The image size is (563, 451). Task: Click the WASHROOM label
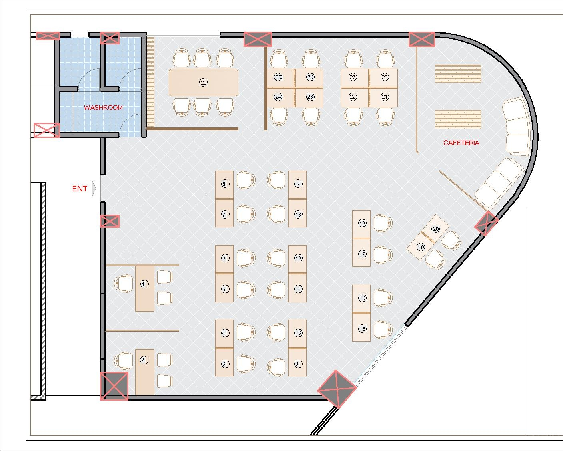(x=103, y=107)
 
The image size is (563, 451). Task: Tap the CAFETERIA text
(x=461, y=143)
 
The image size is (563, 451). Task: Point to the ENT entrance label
(x=80, y=189)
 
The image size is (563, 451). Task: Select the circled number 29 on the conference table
(x=203, y=83)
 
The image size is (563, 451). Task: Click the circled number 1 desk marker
(x=144, y=284)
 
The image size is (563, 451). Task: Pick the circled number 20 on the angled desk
(x=435, y=229)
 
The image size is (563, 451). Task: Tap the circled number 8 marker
(x=224, y=184)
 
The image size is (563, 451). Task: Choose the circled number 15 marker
(x=362, y=329)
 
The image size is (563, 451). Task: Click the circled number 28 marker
(x=385, y=77)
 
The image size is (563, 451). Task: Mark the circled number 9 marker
(x=298, y=364)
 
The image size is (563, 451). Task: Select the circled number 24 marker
(x=278, y=97)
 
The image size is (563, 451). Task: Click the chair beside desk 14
(x=276, y=180)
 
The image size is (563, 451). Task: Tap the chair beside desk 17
(x=383, y=255)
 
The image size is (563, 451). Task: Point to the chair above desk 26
(x=311, y=59)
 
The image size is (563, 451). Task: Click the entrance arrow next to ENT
(x=94, y=189)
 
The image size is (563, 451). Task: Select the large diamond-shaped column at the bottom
(x=337, y=389)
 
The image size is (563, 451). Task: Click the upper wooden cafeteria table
(x=458, y=74)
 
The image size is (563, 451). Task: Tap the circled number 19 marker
(x=421, y=247)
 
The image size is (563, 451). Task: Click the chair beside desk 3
(x=246, y=364)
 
